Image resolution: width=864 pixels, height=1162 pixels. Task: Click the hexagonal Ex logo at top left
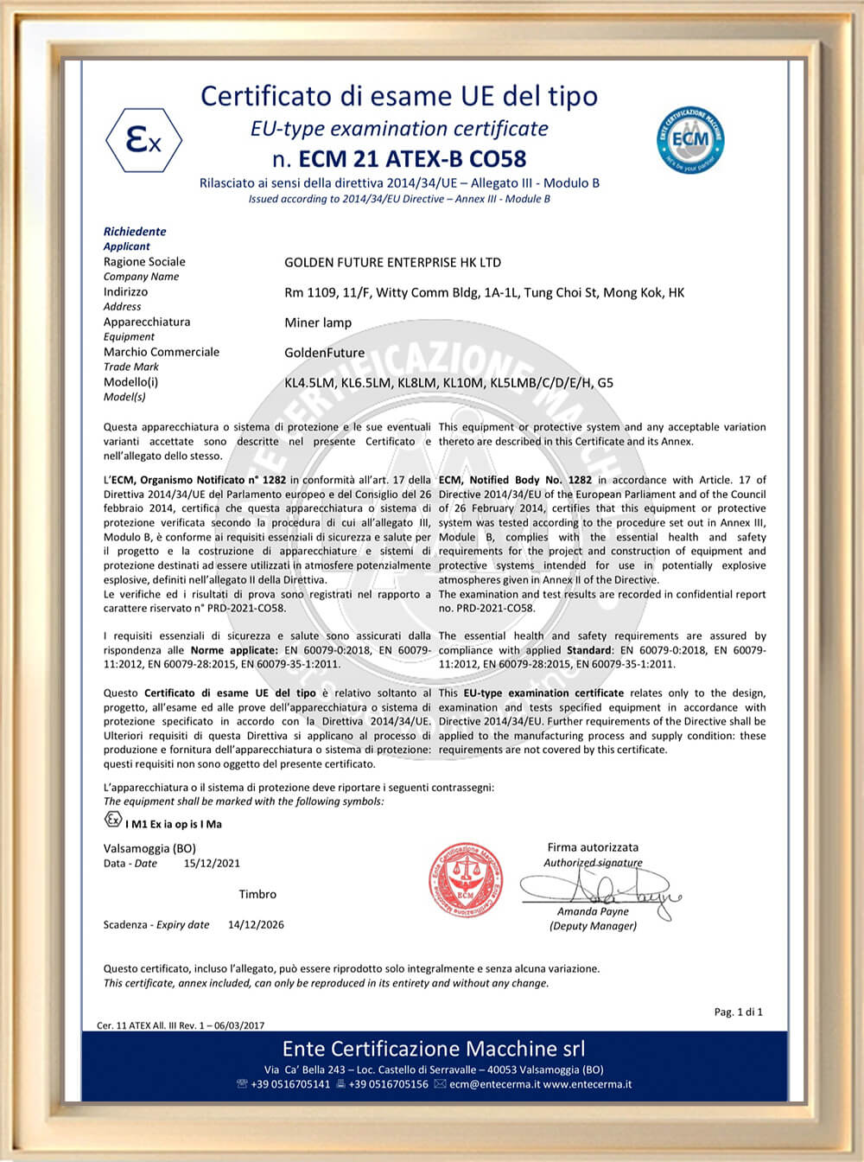click(x=143, y=140)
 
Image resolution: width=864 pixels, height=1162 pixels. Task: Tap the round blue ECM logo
click(x=690, y=138)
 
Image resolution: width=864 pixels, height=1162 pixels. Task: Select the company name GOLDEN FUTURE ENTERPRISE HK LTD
click(x=392, y=262)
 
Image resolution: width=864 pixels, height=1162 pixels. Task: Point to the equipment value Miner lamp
click(x=318, y=322)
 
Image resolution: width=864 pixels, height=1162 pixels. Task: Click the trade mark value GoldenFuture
click(x=324, y=353)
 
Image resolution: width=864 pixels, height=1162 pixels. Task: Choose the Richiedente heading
click(x=135, y=231)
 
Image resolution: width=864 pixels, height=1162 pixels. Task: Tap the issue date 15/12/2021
click(x=212, y=863)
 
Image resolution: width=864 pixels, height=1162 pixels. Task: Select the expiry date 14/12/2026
click(x=256, y=924)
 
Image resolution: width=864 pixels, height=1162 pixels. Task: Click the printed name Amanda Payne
click(x=593, y=911)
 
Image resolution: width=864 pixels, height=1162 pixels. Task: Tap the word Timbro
click(x=257, y=894)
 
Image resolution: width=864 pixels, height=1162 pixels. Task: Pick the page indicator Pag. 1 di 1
click(x=738, y=1012)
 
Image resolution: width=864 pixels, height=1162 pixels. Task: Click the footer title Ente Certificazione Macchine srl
click(x=434, y=1049)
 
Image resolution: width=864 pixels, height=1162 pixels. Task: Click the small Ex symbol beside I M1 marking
click(x=113, y=820)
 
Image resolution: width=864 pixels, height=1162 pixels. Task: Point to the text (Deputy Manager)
click(x=593, y=926)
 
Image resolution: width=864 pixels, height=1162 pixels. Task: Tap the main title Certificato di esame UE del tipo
click(x=399, y=95)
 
